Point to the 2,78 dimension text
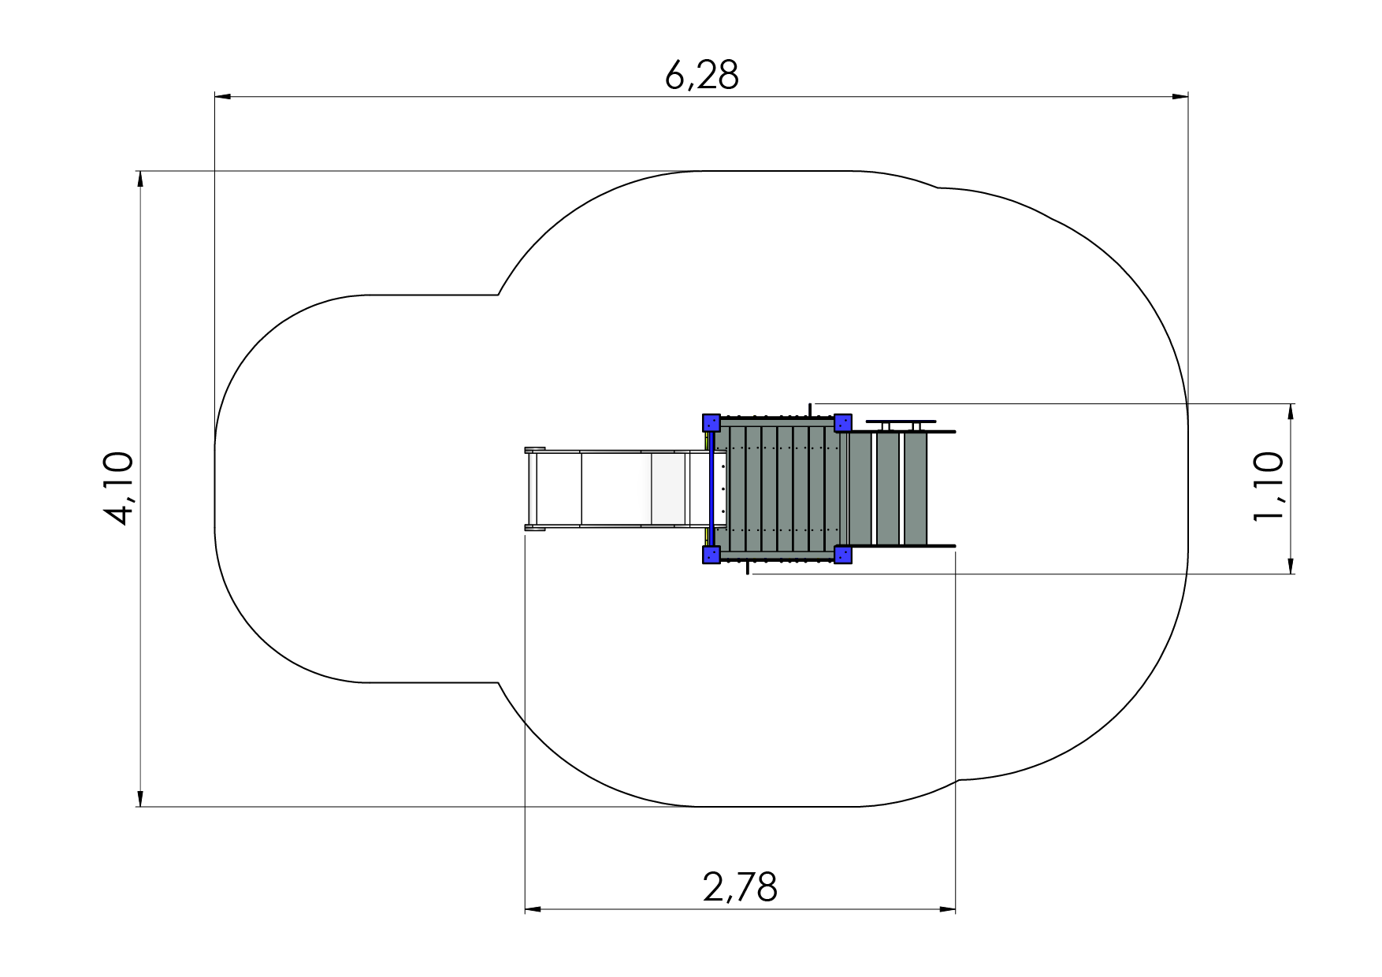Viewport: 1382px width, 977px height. coord(740,888)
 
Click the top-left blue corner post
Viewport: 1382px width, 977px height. coord(711,422)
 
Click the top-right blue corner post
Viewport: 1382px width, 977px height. coord(842,422)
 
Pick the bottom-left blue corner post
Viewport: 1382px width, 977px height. coord(711,555)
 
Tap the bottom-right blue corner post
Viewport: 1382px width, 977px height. coord(842,555)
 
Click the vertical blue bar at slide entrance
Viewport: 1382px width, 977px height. coord(711,489)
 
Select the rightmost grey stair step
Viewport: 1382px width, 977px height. coord(916,489)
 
